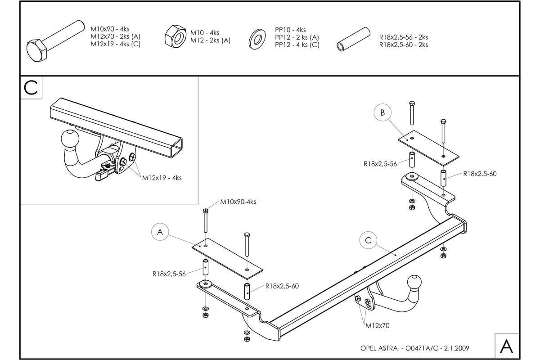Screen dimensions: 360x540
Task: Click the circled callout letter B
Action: pyautogui.click(x=382, y=112)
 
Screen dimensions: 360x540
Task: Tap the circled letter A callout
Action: pyautogui.click(x=160, y=232)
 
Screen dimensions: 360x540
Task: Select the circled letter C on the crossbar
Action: pyautogui.click(x=368, y=241)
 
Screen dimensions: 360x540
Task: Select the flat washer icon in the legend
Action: pyautogui.click(x=258, y=39)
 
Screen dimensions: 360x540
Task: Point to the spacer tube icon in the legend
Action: pyautogui.click(x=353, y=40)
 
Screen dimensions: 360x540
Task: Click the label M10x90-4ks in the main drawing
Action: pyautogui.click(x=238, y=202)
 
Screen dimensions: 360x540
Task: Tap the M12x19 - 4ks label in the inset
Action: pyautogui.click(x=162, y=178)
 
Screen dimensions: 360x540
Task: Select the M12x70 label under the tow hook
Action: pyautogui.click(x=377, y=325)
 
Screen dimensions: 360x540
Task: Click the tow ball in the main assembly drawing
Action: pyautogui.click(x=414, y=282)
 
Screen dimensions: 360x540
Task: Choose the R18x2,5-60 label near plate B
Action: pyautogui.click(x=480, y=174)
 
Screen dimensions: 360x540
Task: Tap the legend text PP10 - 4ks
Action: pyautogui.click(x=290, y=30)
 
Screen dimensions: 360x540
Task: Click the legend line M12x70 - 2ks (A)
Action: pyautogui.click(x=115, y=36)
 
